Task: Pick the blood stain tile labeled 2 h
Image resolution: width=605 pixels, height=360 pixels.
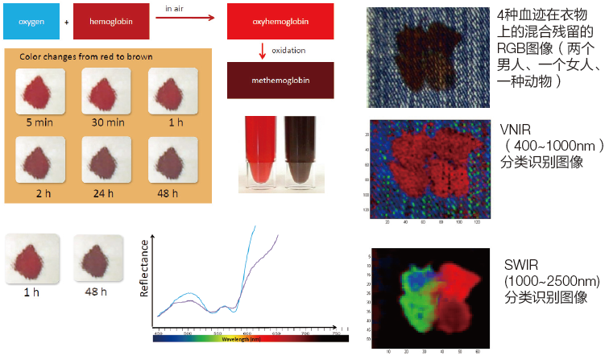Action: pyautogui.click(x=39, y=159)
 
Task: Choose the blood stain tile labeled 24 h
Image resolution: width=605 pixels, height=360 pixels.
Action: pyautogui.click(x=107, y=159)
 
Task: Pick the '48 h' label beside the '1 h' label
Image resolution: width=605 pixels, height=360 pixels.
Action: pyautogui.click(x=96, y=291)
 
